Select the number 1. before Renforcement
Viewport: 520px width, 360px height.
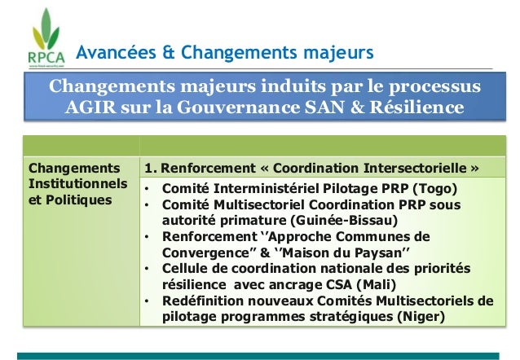pyautogui.click(x=151, y=169)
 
